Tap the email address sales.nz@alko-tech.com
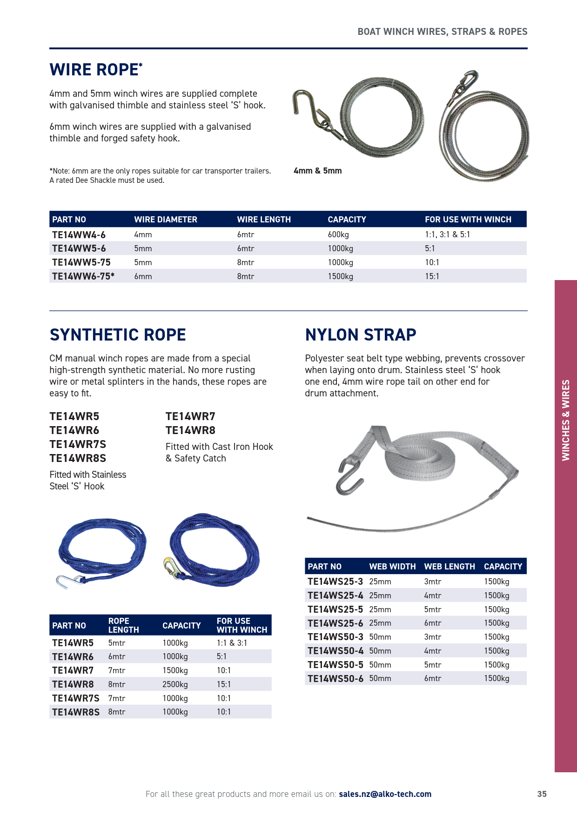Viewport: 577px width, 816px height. (385, 794)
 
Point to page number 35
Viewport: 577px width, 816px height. (542, 794)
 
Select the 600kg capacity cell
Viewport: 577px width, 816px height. (338, 234)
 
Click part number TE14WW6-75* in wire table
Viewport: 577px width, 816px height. (83, 276)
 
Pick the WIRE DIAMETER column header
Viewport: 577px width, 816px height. (166, 220)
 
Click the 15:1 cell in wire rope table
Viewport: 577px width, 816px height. (432, 276)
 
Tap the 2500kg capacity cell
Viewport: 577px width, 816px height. (175, 684)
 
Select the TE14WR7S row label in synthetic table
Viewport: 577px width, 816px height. (75, 698)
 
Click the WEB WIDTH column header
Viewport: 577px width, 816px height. (392, 567)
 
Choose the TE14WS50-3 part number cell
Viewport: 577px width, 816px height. (335, 637)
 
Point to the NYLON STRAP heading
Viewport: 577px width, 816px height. (361, 335)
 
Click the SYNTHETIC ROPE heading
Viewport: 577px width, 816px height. (118, 335)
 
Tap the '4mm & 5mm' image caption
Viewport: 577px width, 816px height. (318, 171)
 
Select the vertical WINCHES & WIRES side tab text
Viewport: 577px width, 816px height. (566, 420)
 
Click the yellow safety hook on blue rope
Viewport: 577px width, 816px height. (168, 566)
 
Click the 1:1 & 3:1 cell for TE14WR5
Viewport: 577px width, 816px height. (232, 643)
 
